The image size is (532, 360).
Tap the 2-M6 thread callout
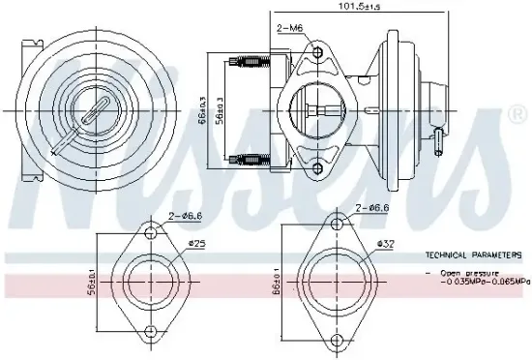click(289, 29)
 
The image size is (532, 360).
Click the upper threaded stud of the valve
click(250, 65)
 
